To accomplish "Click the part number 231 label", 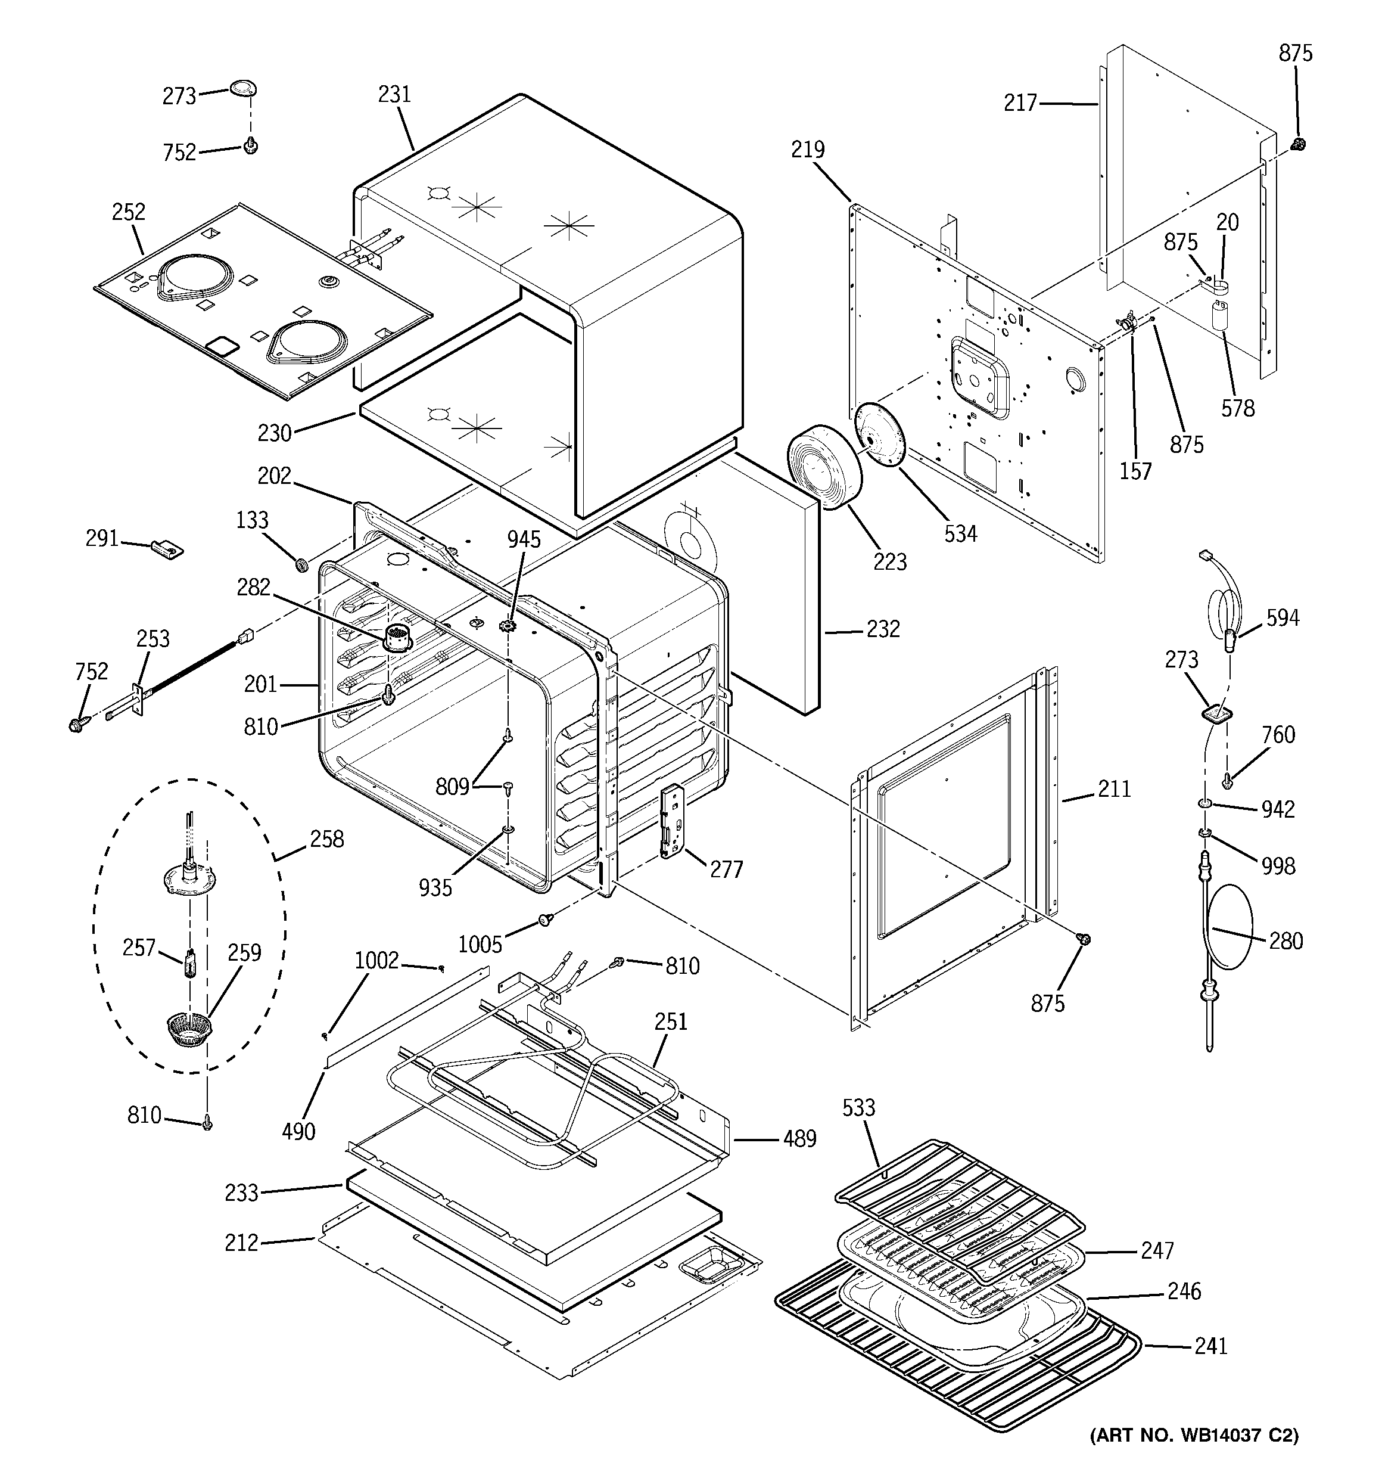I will (394, 94).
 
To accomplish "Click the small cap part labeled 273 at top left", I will (242, 88).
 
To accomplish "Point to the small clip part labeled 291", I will (167, 548).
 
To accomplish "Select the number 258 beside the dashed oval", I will (326, 839).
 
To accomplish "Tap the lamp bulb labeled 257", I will (190, 964).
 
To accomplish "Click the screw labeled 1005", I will (547, 920).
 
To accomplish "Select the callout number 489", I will (799, 1138).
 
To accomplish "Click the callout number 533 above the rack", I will (858, 1108).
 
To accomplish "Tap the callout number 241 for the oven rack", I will (1210, 1345).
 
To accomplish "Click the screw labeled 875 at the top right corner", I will (1297, 144).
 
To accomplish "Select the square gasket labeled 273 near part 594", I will (1215, 714).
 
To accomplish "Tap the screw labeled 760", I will (1228, 780).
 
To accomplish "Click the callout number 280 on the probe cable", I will (1285, 941).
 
